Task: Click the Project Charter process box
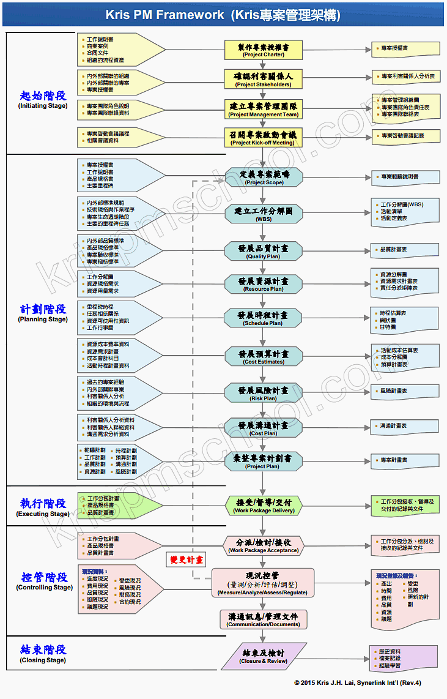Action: click(264, 50)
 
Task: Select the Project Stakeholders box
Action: click(264, 80)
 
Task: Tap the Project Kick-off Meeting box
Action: click(264, 138)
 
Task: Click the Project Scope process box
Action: click(264, 178)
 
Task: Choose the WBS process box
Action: click(264, 214)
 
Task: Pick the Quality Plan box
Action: click(264, 252)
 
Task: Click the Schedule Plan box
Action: click(264, 318)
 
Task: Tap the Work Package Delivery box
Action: click(264, 506)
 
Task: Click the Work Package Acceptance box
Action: click(264, 545)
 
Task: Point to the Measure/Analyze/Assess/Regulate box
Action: click(263, 583)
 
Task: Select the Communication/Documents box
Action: click(263, 619)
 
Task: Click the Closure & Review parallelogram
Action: click(264, 656)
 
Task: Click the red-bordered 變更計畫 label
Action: click(187, 559)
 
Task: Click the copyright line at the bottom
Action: click(357, 682)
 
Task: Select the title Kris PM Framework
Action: click(223, 15)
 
